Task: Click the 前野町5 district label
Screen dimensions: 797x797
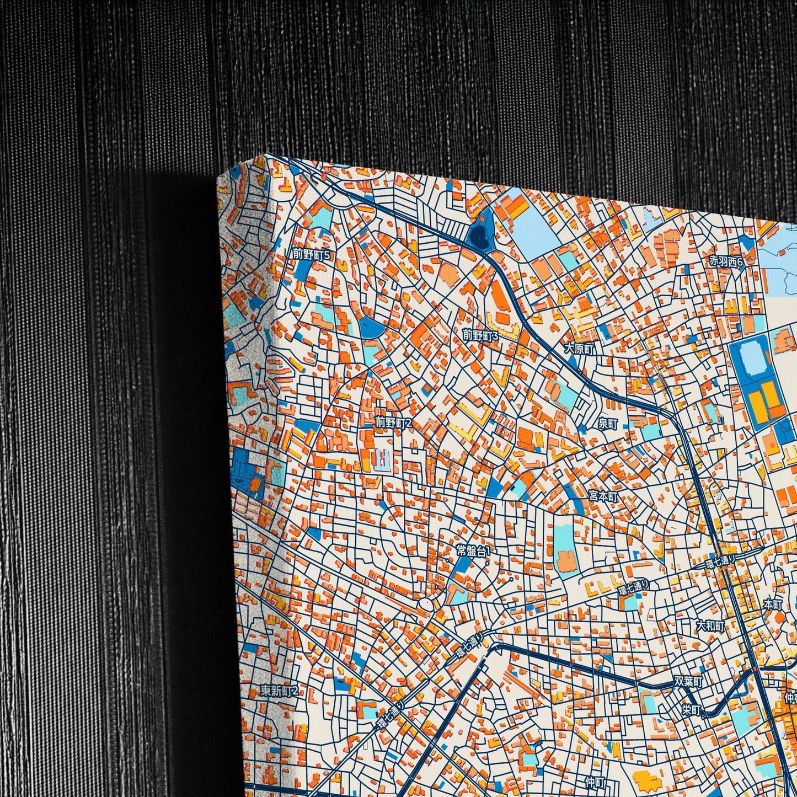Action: point(312,254)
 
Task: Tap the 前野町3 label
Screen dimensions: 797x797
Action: point(480,335)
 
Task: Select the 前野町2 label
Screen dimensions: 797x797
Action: point(394,423)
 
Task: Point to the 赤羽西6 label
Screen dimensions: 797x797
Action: point(726,261)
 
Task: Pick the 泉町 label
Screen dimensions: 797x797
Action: point(608,424)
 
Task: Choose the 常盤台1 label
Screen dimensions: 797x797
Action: point(473,550)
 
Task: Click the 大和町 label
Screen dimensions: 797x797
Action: point(709,625)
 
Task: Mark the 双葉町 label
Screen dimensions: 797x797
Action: point(689,682)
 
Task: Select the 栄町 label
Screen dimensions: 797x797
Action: point(691,710)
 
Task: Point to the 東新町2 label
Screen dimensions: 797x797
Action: point(280,691)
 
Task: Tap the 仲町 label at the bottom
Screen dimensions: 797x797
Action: point(596,782)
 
